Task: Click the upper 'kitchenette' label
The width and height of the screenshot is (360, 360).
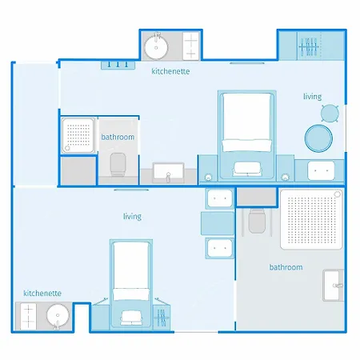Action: point(170,71)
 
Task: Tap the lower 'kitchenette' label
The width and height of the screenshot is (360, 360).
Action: point(42,293)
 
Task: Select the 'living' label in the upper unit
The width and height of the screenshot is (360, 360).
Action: point(312,97)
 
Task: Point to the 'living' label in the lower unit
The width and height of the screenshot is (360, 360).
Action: point(132,216)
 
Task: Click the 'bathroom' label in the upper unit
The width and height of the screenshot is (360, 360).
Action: point(118,137)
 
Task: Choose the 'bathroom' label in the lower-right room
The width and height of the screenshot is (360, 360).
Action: point(286,267)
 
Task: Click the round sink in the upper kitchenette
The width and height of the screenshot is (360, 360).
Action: point(156,47)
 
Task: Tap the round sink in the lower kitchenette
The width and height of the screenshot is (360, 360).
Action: point(58,316)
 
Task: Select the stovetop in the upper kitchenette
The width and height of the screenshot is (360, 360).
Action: point(191,46)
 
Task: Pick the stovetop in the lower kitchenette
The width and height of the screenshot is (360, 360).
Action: point(28,317)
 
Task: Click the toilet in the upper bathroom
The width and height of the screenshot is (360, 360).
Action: point(118,164)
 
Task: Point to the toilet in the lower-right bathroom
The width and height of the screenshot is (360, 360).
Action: point(257,221)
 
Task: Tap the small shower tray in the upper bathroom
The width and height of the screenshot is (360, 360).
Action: point(78,136)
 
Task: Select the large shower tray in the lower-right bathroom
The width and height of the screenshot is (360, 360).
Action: point(311,219)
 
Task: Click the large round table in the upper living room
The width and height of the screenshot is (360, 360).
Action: point(318,138)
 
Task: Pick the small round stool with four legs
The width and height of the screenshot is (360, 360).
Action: point(330,114)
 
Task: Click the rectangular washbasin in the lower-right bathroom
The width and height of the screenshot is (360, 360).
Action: point(333,286)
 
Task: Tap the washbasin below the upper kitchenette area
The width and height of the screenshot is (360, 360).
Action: point(168,173)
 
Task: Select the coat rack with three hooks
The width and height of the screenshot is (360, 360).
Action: point(118,65)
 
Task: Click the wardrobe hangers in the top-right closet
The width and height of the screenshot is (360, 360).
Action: point(309,46)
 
